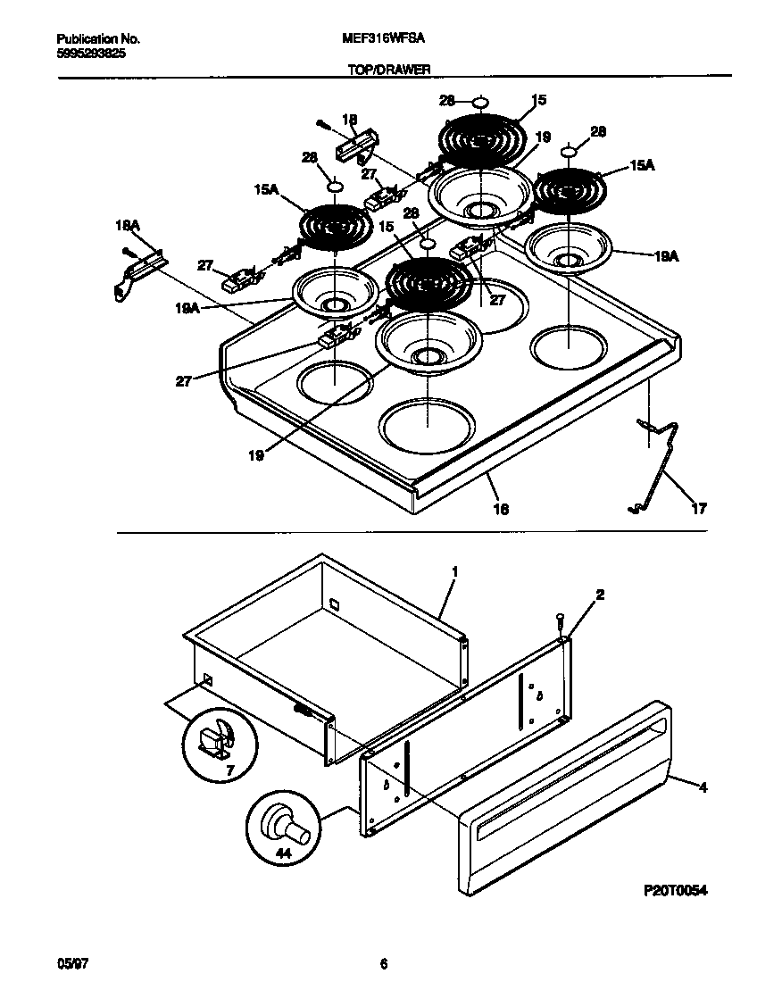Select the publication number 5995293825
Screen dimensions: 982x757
click(x=89, y=53)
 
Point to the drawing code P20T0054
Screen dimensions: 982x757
click(x=675, y=891)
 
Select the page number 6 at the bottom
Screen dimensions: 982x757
click(x=383, y=962)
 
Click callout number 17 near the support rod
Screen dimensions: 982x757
click(x=698, y=509)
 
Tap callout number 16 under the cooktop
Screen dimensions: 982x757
click(x=501, y=508)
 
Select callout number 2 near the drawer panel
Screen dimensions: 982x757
click(x=600, y=595)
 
